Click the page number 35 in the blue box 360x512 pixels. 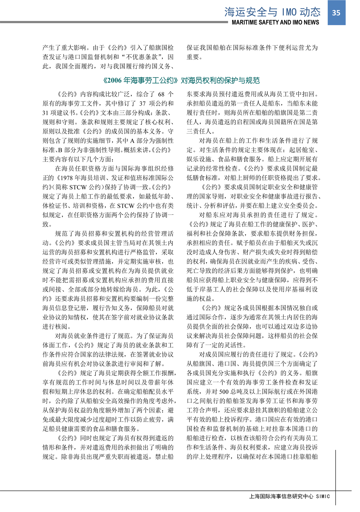pyautogui.click(x=336, y=13)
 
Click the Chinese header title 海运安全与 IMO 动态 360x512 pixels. pyautogui.click(x=272, y=12)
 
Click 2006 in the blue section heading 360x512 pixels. pyautogui.click(x=114, y=80)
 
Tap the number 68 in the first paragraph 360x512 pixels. pyautogui.click(x=161, y=94)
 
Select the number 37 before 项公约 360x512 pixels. pyautogui.click(x=142, y=103)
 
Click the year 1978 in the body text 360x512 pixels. pyautogui.click(x=67, y=178)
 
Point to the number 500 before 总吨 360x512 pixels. pyautogui.click(x=224, y=392)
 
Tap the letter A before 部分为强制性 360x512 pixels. pyautogui.click(x=132, y=141)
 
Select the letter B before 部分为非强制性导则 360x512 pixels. pyautogui.click(x=60, y=150)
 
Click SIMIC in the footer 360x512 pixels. pyautogui.click(x=323, y=496)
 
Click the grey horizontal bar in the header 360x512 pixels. pyautogui.click(x=114, y=22)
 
